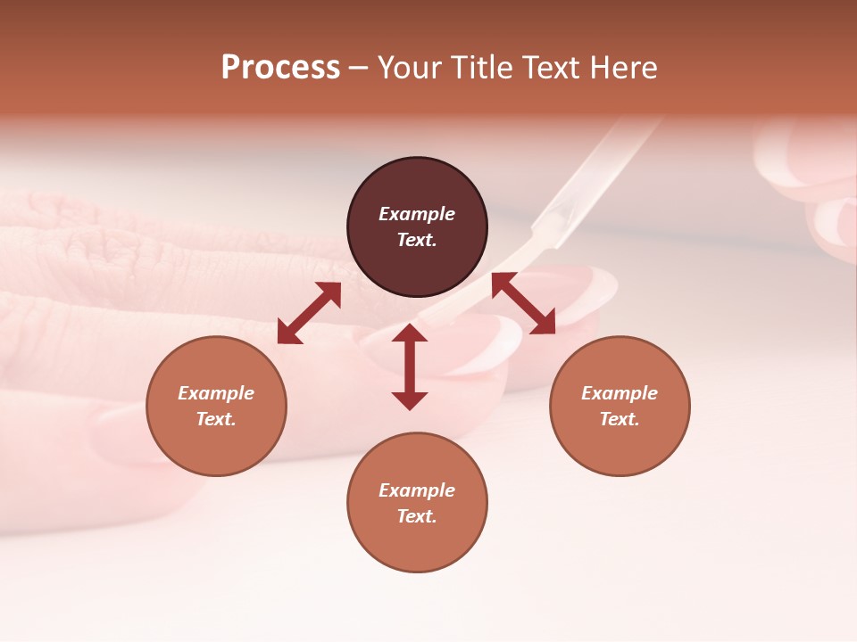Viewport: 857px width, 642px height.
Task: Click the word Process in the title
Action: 280,68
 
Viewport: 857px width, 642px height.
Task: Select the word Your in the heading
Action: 410,68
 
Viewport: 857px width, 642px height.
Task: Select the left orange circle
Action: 216,406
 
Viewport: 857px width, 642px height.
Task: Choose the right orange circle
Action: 620,406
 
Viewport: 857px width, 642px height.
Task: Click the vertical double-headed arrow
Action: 410,366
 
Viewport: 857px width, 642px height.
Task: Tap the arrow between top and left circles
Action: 309,313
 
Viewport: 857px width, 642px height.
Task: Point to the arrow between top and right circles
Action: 523,303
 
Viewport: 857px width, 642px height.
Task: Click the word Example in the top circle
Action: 417,214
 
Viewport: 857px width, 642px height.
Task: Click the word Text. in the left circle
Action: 216,419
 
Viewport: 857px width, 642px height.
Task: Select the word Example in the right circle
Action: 620,393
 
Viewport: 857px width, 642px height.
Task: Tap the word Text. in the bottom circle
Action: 417,516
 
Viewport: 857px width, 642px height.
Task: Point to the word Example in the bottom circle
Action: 417,490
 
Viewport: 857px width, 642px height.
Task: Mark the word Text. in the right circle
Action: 620,419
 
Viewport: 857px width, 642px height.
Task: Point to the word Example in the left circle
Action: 216,393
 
